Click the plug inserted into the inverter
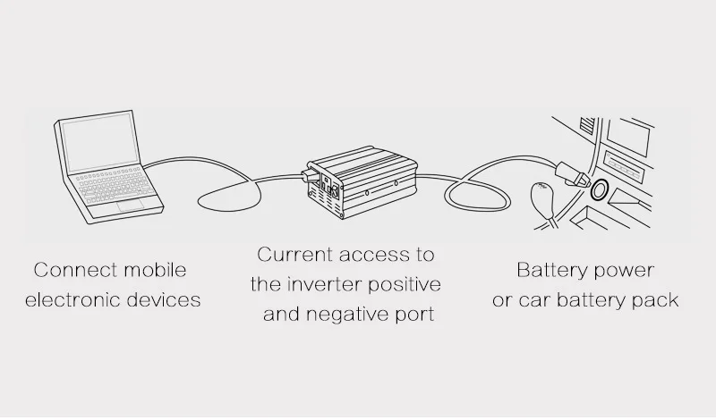[x=313, y=184]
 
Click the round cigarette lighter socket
[x=597, y=190]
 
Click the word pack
[x=655, y=300]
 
